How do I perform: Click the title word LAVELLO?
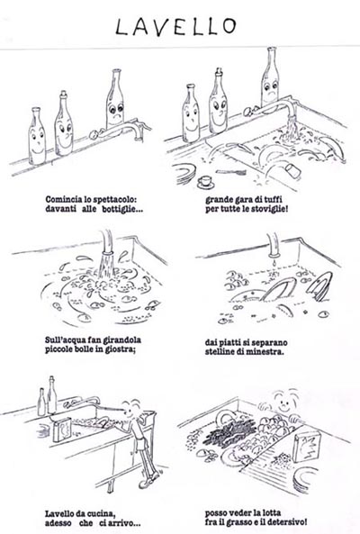pyautogui.click(x=175, y=26)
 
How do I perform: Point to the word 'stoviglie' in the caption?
pyautogui.click(x=268, y=209)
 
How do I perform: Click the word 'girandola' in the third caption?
pyautogui.click(x=123, y=340)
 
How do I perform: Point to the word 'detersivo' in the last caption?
pyautogui.click(x=287, y=522)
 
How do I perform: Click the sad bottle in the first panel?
pyautogui.click(x=115, y=99)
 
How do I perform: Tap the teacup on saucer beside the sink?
pyautogui.click(x=205, y=182)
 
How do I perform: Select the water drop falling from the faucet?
pyautogui.click(x=274, y=263)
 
